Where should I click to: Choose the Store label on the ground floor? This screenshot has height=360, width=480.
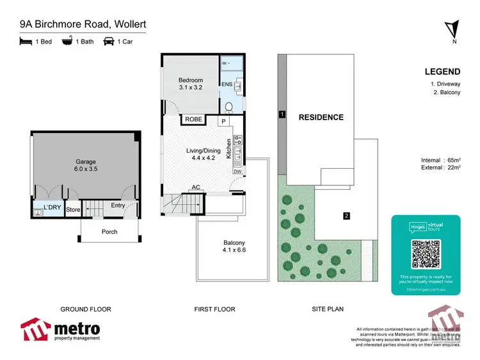point(74,208)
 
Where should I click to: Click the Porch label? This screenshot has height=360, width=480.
point(109,231)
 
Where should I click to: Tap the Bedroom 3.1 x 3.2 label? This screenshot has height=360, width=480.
point(190,84)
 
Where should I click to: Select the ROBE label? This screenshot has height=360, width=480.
point(193,120)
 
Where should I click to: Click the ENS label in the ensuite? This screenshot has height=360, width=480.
point(226,84)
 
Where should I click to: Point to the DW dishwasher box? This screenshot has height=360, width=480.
point(237,171)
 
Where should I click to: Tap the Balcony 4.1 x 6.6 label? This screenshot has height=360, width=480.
point(234,246)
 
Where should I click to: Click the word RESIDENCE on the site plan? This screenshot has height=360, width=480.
point(321,117)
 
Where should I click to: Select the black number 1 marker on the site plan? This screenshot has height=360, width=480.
point(282,115)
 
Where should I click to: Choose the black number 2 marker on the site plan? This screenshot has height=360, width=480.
point(346,216)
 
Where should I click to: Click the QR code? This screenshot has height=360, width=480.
point(426,254)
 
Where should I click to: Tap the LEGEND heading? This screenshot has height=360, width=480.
point(443,72)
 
